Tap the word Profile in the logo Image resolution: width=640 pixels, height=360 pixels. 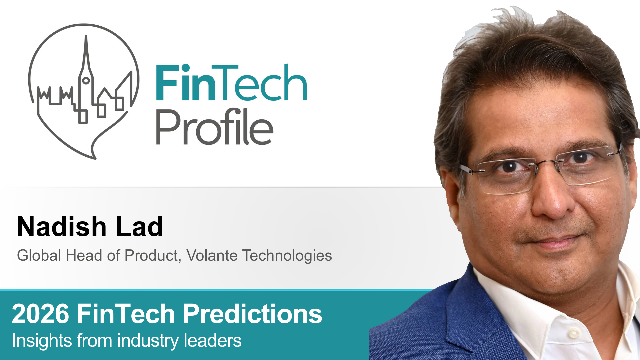(215, 127)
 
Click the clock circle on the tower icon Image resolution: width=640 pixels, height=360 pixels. (86, 80)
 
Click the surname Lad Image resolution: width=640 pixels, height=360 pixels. (139, 227)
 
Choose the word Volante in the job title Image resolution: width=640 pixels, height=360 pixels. (212, 256)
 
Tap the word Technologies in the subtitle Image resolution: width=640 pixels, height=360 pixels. (287, 256)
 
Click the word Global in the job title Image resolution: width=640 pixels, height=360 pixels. (39, 256)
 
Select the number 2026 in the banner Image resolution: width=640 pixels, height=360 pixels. (40, 314)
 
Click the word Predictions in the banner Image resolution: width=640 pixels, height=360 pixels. (252, 314)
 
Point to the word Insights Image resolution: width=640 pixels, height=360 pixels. (42, 341)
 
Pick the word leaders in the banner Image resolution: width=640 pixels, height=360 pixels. (212, 341)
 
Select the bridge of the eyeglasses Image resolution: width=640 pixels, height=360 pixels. (547, 162)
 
